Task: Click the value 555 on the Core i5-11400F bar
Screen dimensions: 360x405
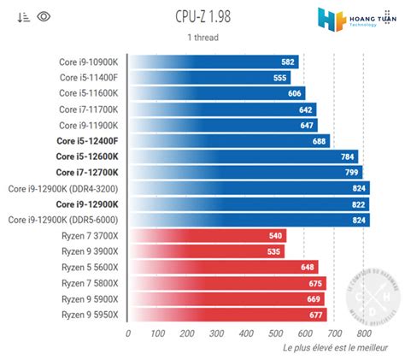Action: [279, 77]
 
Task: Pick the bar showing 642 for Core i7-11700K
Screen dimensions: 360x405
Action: [222, 109]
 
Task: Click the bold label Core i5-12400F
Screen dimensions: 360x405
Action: [88, 140]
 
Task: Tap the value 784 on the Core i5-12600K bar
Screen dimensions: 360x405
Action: [347, 156]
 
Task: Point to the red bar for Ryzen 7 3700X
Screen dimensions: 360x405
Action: [207, 235]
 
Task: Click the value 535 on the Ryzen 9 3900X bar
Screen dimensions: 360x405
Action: [273, 251]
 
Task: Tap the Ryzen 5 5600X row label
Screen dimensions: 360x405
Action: [91, 267]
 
